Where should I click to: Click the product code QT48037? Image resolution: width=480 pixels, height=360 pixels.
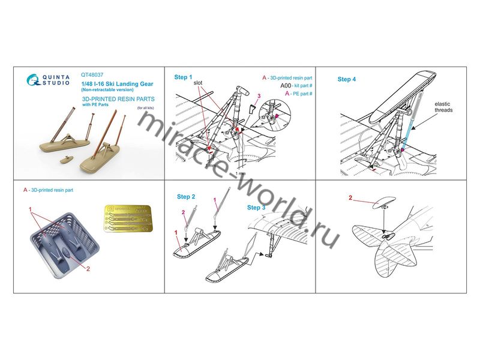92,75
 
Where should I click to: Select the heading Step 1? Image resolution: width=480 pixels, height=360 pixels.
183,77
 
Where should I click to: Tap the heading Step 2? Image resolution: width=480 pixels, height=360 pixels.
185,197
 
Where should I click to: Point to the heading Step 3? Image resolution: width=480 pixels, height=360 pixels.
257,207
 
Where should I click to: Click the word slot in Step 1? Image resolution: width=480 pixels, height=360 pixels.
202,87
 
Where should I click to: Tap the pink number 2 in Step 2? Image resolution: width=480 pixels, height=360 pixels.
184,212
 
